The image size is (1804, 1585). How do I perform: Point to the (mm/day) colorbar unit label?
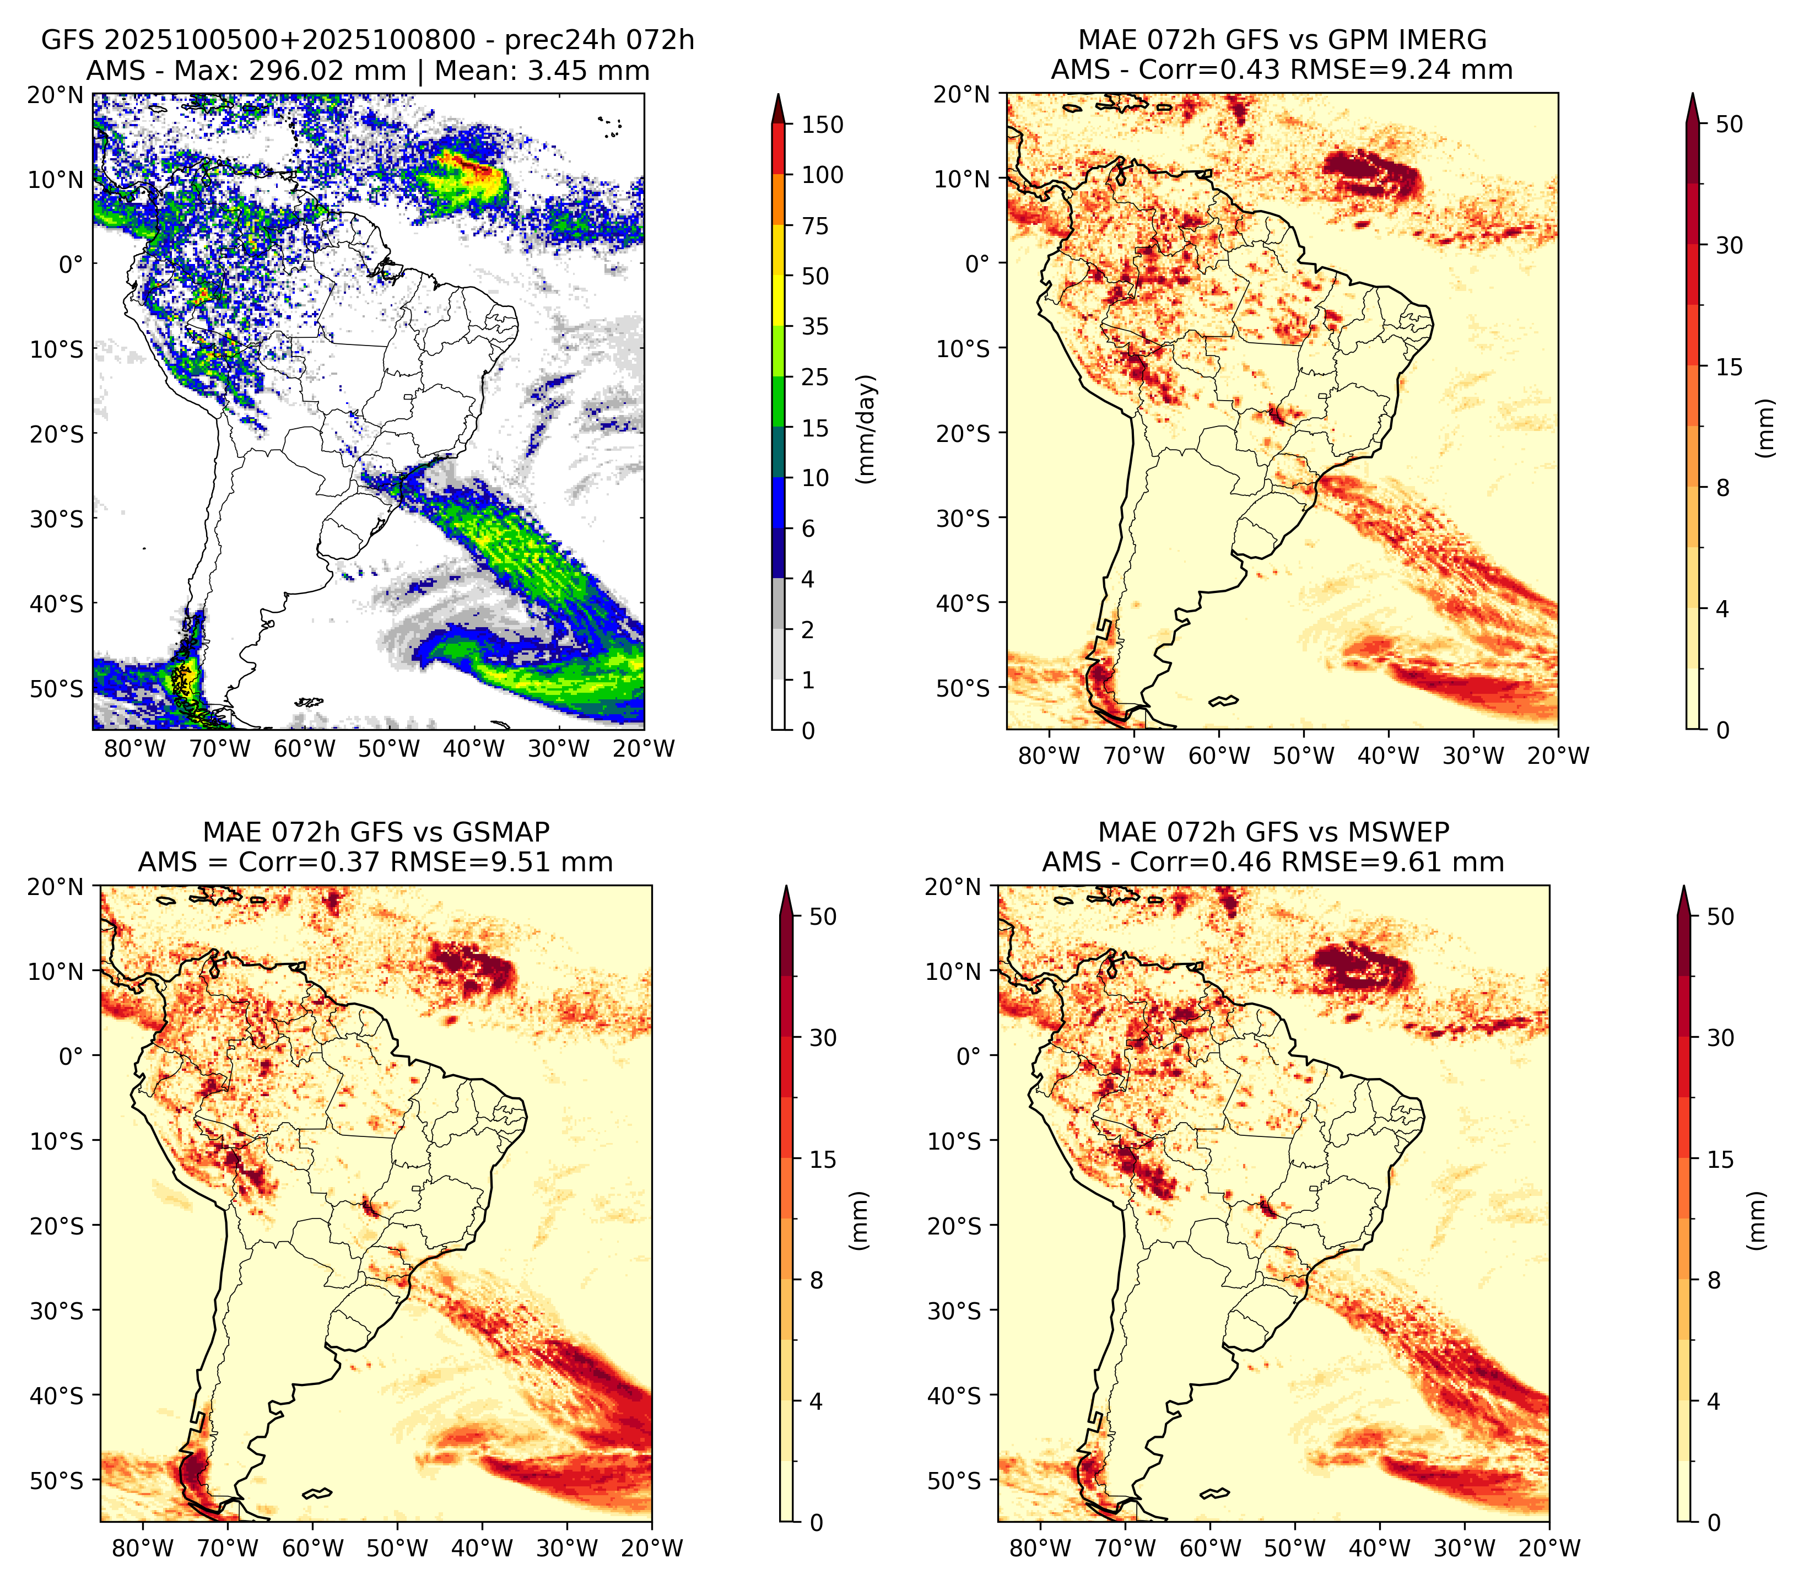[x=868, y=429]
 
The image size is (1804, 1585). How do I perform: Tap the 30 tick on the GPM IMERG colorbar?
[x=1730, y=245]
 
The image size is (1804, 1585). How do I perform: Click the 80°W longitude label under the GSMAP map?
[x=143, y=1549]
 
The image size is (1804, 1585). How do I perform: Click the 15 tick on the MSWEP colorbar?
[x=1721, y=1160]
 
